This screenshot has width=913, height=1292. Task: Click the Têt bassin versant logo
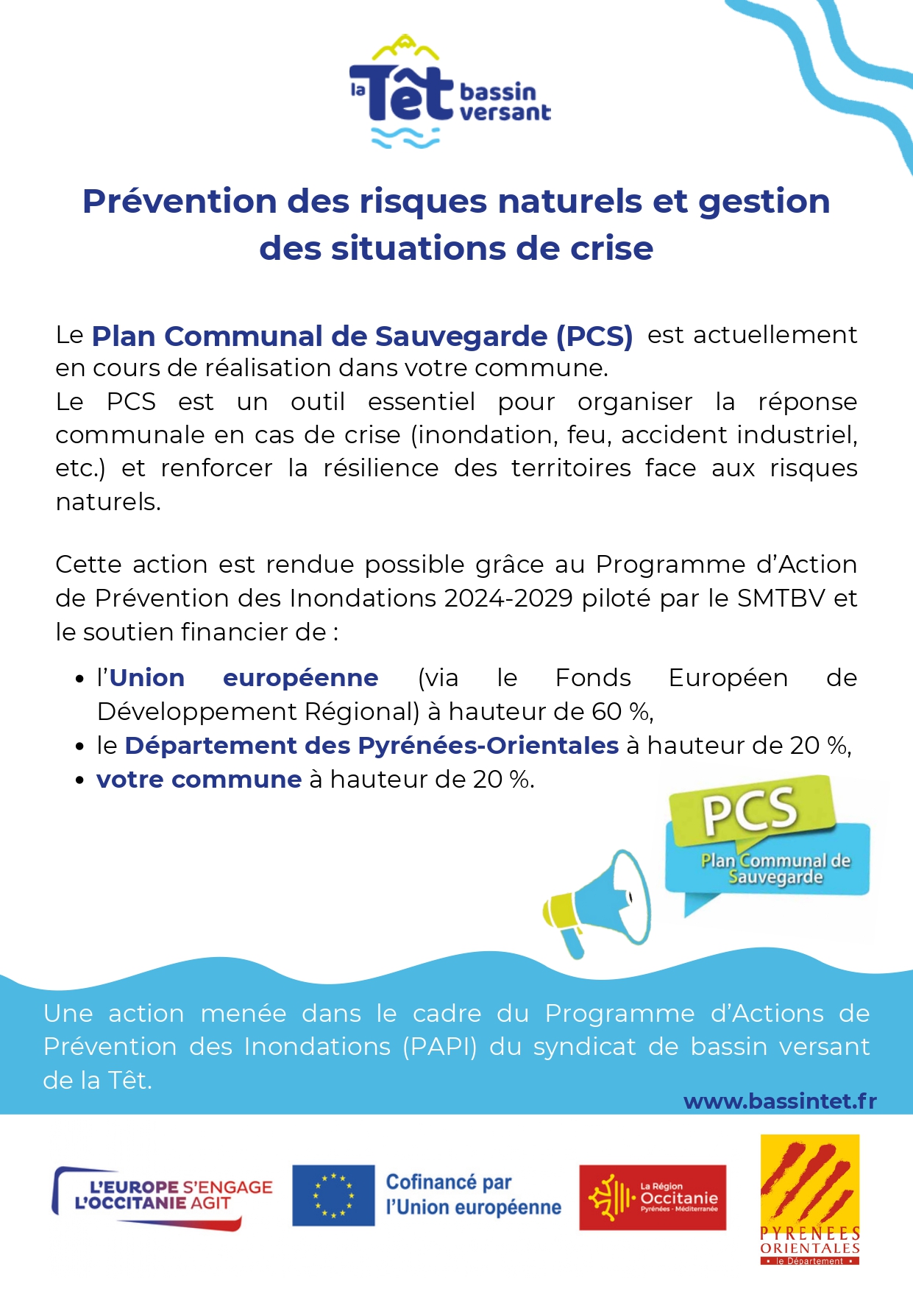tap(450, 92)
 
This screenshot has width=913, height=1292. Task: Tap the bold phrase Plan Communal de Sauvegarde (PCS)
tap(362, 336)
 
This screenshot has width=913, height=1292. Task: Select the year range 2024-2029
tap(508, 598)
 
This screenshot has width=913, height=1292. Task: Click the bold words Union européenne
tap(244, 677)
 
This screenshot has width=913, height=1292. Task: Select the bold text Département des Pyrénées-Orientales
tap(372, 745)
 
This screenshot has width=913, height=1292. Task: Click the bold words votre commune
tap(199, 779)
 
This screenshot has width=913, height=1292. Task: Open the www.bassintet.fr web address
tap(780, 1101)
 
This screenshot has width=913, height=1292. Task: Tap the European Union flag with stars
tap(333, 1196)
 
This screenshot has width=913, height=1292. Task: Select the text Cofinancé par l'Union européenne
tap(473, 1195)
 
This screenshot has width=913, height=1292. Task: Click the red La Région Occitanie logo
tap(653, 1197)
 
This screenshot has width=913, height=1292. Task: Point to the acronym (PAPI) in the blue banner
tap(440, 1046)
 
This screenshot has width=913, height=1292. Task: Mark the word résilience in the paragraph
tap(381, 468)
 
